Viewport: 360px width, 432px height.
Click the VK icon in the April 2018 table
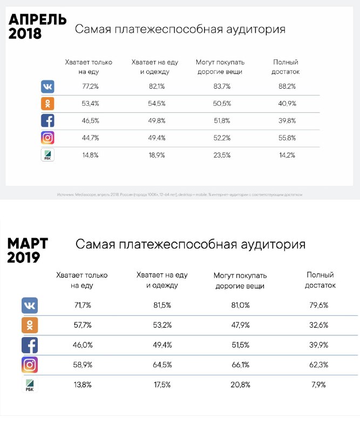pos(47,86)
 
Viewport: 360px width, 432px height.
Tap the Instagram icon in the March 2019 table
pos(30,364)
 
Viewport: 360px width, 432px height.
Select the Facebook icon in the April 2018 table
pos(47,120)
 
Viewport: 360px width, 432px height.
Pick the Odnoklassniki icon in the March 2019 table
pos(30,325)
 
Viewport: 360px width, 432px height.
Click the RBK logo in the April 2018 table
pos(47,155)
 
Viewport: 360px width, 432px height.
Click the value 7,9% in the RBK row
pos(320,385)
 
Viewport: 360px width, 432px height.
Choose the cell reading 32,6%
pos(320,325)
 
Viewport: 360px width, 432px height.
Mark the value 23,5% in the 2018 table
pos(221,155)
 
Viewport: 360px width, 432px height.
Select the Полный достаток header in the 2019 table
pos(320,280)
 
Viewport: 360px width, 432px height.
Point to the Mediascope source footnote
pos(180,194)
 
